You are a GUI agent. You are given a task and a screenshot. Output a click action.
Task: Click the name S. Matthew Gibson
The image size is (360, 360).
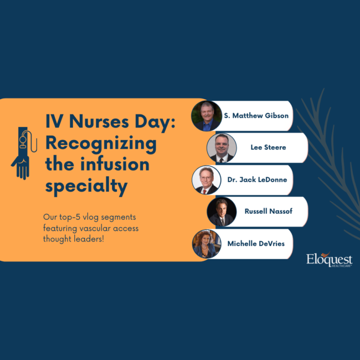click(256, 116)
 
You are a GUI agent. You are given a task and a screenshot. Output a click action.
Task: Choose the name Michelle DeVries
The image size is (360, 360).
click(256, 243)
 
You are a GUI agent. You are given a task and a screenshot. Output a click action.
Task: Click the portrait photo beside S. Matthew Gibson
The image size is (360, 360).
click(206, 116)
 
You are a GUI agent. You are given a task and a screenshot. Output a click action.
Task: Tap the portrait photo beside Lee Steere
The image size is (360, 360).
click(222, 148)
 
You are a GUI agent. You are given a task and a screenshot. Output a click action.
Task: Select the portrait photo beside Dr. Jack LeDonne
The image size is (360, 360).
click(206, 180)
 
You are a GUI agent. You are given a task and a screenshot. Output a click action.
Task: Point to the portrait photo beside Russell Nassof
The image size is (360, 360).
click(222, 212)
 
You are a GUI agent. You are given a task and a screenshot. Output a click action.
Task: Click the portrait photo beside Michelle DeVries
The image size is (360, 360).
click(206, 244)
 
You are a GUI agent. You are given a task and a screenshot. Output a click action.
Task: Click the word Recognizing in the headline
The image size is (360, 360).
click(100, 143)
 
